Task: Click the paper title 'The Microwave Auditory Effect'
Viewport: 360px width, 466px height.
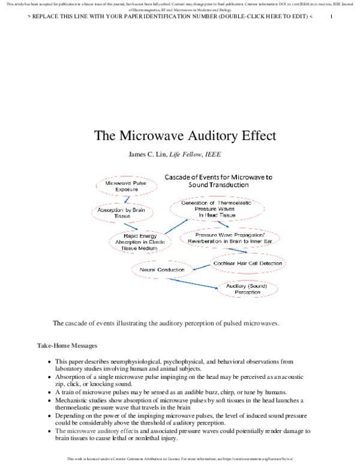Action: [x=185, y=135]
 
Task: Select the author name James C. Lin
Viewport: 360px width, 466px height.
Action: [x=148, y=154]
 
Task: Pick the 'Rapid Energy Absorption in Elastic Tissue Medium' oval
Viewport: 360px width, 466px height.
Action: [x=139, y=241]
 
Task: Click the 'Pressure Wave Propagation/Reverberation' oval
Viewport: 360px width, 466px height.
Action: [x=230, y=237]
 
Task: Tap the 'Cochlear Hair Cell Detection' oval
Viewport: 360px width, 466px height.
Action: [x=247, y=263]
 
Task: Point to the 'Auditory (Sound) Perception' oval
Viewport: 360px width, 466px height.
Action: [x=247, y=289]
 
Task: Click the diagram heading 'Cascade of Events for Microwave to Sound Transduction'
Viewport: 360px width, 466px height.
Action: [x=218, y=181]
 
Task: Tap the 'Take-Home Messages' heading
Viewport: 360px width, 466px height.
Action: [x=64, y=346]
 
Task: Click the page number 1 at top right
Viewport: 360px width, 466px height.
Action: [x=331, y=16]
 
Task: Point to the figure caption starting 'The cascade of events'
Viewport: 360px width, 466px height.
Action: [x=166, y=323]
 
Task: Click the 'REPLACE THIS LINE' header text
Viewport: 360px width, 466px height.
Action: [x=170, y=16]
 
